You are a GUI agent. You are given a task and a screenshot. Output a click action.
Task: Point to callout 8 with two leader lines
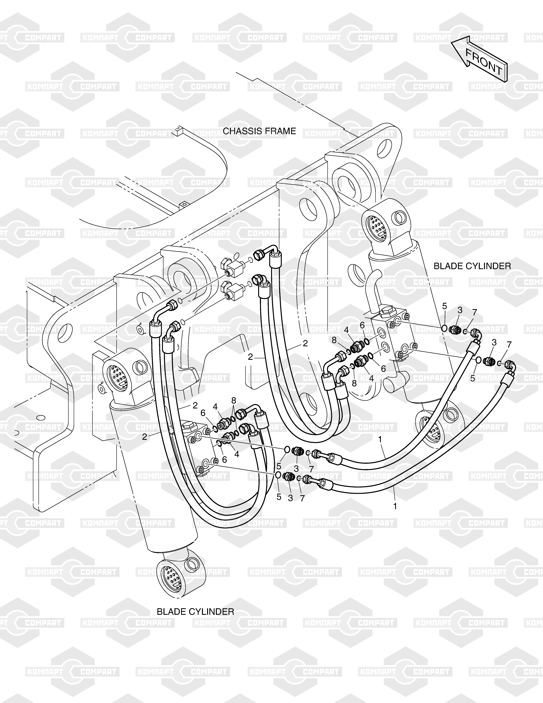pyautogui.click(x=234, y=400)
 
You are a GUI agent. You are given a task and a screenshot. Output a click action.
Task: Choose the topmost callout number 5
pyautogui.click(x=445, y=306)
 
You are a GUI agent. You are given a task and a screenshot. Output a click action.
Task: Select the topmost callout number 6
pyautogui.click(x=362, y=325)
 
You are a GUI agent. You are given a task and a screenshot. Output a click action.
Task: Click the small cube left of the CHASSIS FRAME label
pyautogui.click(x=177, y=129)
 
